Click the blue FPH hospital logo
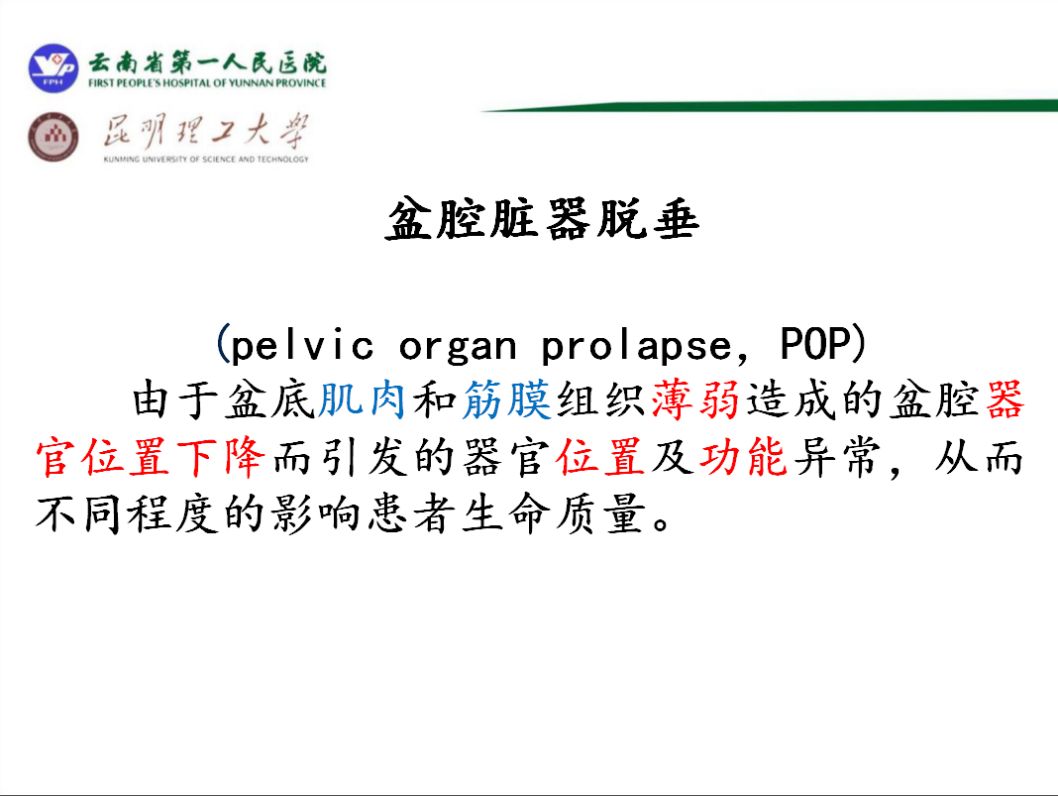[x=53, y=68]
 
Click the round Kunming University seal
[x=53, y=137]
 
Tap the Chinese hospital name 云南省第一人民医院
[x=208, y=62]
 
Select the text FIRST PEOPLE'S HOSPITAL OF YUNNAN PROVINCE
[x=207, y=83]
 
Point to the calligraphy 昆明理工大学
[x=206, y=130]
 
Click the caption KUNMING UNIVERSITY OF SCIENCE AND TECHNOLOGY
[x=206, y=160]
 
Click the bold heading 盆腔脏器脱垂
[x=542, y=219]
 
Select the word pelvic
[x=301, y=345]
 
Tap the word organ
[x=458, y=347]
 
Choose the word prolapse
[x=636, y=346]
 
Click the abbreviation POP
[x=815, y=344]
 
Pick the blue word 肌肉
[x=362, y=399]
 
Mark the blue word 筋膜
[x=507, y=399]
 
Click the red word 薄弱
[x=695, y=399]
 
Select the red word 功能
[x=744, y=457]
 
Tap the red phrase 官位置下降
[x=151, y=457]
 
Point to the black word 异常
[x=838, y=457]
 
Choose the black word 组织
[x=601, y=399]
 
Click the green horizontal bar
[x=769, y=106]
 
